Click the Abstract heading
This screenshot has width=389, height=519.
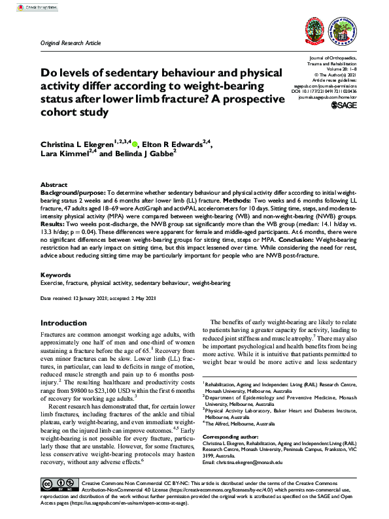point(54,186)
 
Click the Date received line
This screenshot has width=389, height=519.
point(99,298)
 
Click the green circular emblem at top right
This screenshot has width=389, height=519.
point(354,30)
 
